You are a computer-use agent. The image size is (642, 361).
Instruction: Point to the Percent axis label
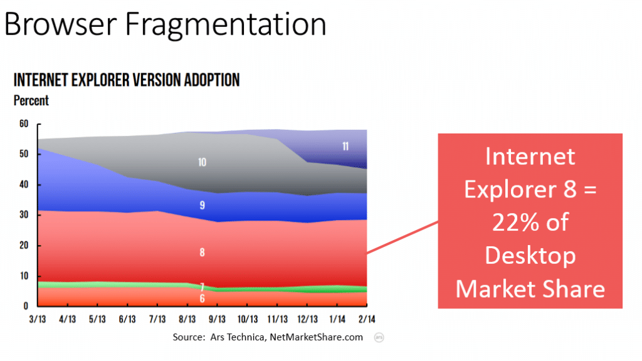click(x=31, y=100)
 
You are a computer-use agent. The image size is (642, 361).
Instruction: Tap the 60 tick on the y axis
click(x=24, y=123)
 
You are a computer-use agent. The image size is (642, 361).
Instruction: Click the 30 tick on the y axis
click(x=24, y=215)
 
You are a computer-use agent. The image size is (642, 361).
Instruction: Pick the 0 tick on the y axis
click(x=26, y=306)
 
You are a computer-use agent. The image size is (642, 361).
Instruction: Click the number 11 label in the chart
click(x=345, y=147)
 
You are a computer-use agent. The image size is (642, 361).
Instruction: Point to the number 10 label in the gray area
click(x=202, y=162)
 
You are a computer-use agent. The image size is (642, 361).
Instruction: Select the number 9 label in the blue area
click(x=202, y=205)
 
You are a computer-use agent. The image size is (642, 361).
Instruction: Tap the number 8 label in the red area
click(x=202, y=253)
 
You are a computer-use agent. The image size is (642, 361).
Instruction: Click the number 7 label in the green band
click(x=202, y=286)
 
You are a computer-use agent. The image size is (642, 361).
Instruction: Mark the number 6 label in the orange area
click(x=202, y=298)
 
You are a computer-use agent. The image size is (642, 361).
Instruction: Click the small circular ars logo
click(x=379, y=337)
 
